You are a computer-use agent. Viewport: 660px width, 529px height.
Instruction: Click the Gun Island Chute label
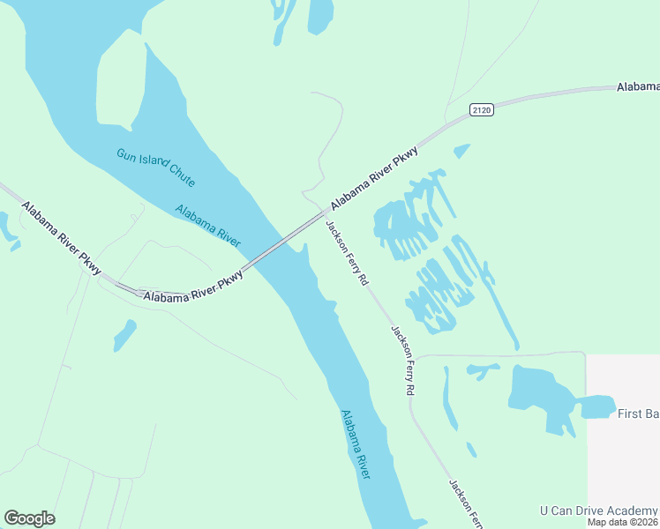[x=155, y=167]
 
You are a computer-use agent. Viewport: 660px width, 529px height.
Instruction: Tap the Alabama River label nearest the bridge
[x=208, y=225]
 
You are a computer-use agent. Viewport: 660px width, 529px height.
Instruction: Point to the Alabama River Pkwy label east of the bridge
[x=373, y=179]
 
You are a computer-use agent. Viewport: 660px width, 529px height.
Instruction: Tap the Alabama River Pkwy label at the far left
[x=62, y=239]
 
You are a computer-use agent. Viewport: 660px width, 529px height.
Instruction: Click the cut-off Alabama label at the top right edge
[x=637, y=86]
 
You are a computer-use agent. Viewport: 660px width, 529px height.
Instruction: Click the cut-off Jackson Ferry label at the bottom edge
[x=465, y=503]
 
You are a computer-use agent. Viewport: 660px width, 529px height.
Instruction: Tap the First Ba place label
[x=638, y=414]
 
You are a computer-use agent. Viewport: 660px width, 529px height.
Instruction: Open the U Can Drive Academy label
[x=599, y=510]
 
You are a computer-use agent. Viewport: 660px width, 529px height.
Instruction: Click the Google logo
[x=29, y=518]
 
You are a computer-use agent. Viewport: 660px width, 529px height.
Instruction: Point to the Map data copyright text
[x=623, y=522]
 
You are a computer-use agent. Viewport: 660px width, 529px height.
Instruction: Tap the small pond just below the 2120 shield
[x=461, y=151]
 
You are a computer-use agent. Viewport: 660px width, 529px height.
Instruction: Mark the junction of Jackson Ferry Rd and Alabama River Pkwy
[x=322, y=213]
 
